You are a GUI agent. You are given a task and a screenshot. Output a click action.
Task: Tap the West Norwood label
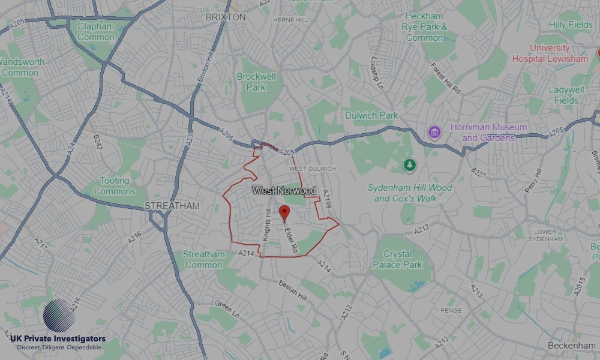(x=284, y=191)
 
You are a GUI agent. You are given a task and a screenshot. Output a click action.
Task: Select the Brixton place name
(x=225, y=17)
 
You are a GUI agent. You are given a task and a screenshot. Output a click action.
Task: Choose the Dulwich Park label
(x=371, y=115)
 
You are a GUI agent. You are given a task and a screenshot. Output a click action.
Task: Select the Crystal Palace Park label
(x=397, y=259)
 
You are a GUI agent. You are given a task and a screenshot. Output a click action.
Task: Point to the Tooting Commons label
(x=115, y=186)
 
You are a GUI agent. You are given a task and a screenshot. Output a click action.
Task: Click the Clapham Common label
(x=95, y=32)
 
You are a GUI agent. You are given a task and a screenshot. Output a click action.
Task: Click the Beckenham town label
(x=571, y=346)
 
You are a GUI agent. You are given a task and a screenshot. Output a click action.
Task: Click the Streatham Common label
(x=203, y=259)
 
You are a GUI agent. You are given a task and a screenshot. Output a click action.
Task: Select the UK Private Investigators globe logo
(x=59, y=316)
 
